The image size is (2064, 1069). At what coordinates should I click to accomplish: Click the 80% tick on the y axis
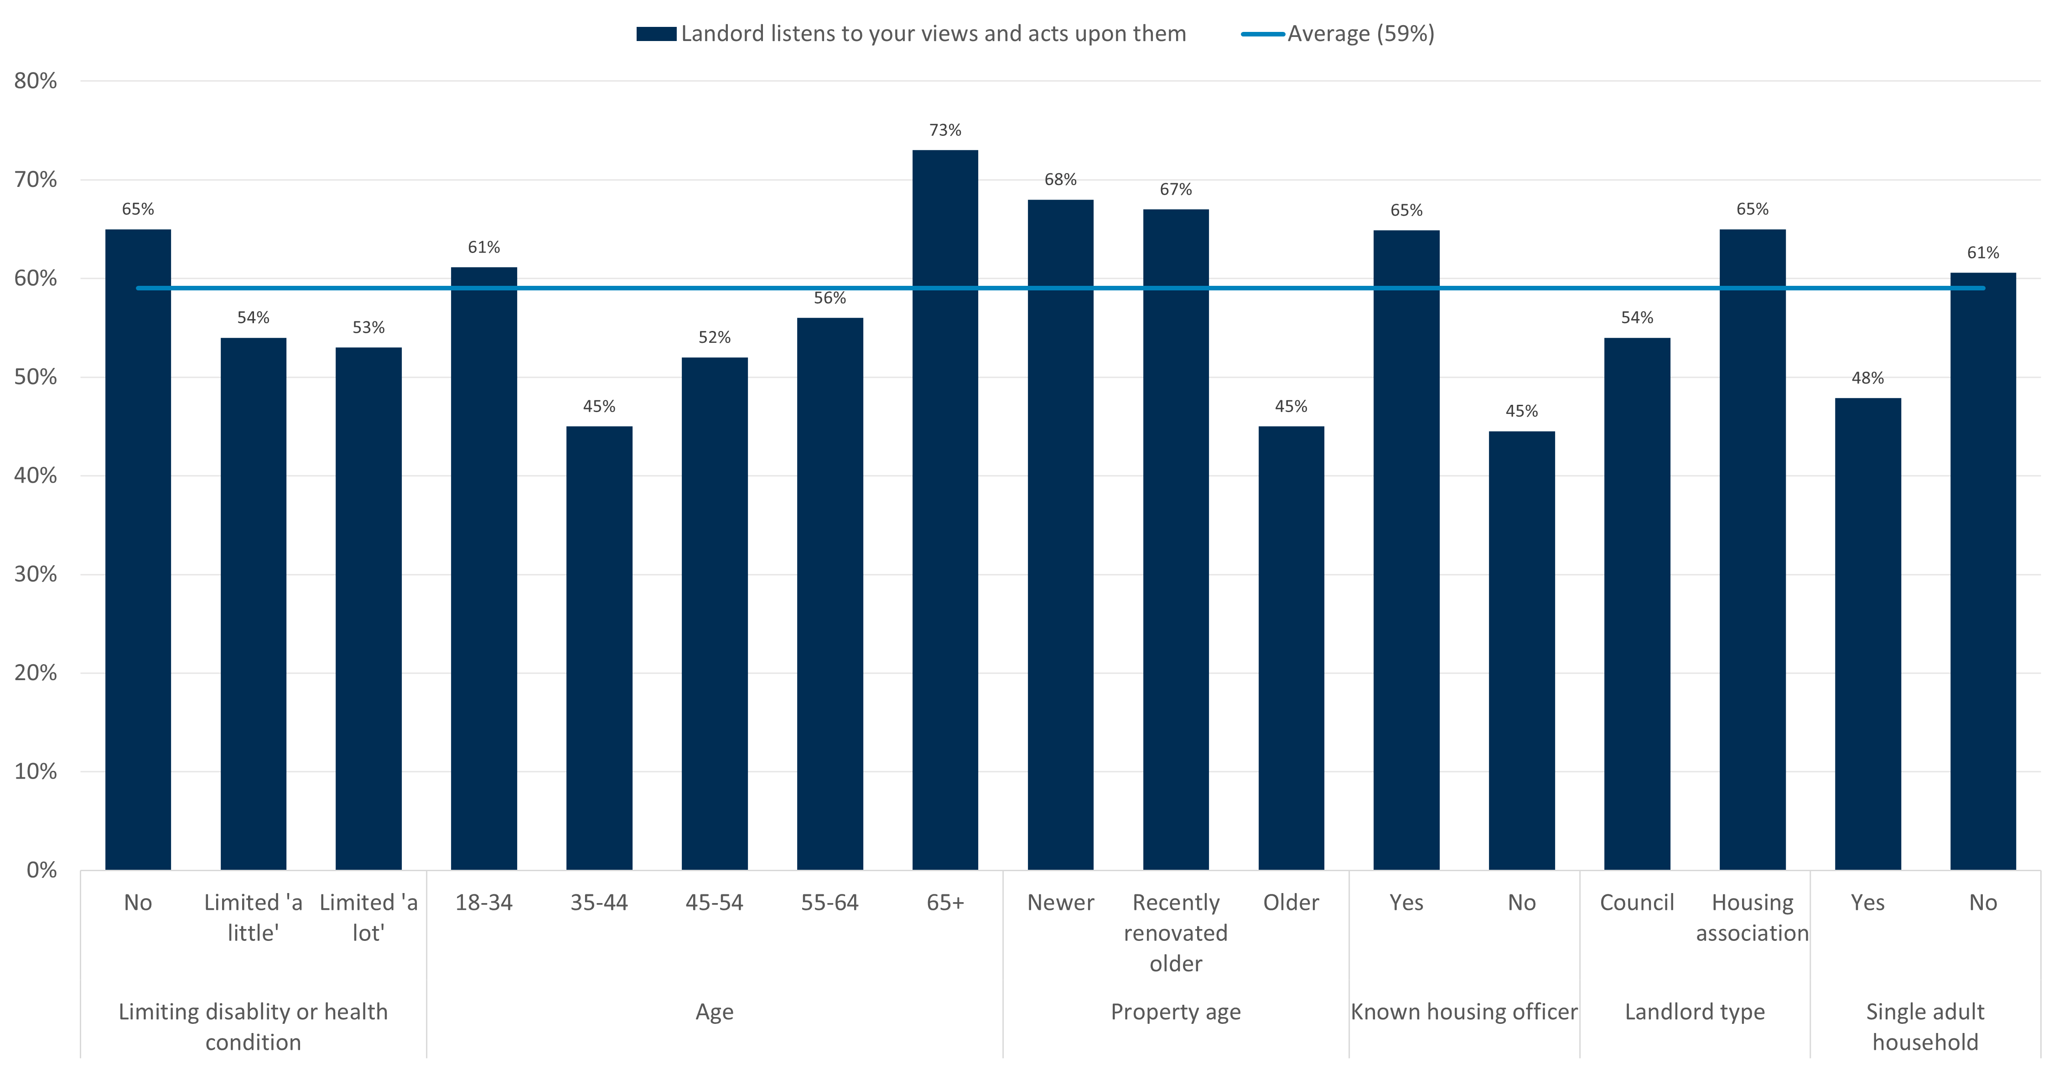point(35,81)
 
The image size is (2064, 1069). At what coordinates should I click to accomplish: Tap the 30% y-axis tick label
point(35,574)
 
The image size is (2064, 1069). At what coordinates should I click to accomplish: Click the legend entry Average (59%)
point(1360,34)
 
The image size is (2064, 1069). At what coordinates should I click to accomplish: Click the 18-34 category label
point(484,903)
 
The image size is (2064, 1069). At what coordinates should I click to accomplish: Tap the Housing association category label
point(1753,918)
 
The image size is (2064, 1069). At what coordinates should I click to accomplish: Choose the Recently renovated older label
point(1176,933)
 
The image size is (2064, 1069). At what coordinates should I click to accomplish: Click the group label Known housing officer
point(1464,1012)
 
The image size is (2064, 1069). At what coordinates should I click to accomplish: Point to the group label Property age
point(1176,1012)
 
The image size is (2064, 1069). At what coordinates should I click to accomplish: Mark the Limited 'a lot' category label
point(368,918)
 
